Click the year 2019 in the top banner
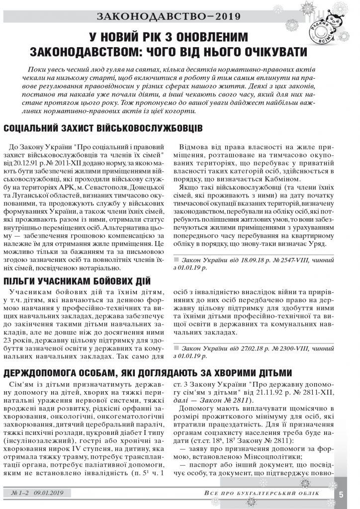tap(224, 16)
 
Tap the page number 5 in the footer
tap(342, 494)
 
